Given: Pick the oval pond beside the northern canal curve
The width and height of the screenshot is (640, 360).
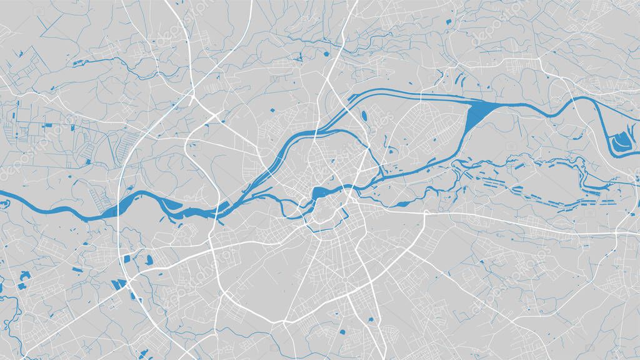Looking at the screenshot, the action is point(363,116).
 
